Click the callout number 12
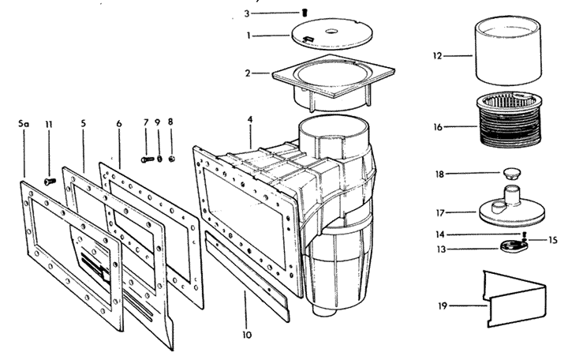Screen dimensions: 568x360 click(438, 56)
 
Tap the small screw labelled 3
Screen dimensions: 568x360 click(305, 13)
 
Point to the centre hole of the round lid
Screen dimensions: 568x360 click(331, 31)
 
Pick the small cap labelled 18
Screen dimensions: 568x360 click(511, 173)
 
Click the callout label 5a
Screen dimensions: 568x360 click(23, 124)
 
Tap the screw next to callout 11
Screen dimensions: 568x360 click(50, 181)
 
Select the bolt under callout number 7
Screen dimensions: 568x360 click(148, 159)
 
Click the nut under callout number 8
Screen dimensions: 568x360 click(172, 159)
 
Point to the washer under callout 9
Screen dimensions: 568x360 click(159, 159)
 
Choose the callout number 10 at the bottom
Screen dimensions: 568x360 click(247, 335)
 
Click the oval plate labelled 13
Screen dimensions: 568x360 click(513, 247)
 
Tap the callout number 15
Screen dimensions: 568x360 click(552, 240)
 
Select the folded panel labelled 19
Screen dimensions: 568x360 click(515, 298)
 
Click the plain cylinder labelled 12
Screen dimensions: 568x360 click(508, 51)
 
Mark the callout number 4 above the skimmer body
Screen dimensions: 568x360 click(250, 119)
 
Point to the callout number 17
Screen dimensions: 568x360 click(440, 213)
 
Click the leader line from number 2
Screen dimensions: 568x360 click(262, 73)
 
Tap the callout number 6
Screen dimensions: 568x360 click(119, 124)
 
